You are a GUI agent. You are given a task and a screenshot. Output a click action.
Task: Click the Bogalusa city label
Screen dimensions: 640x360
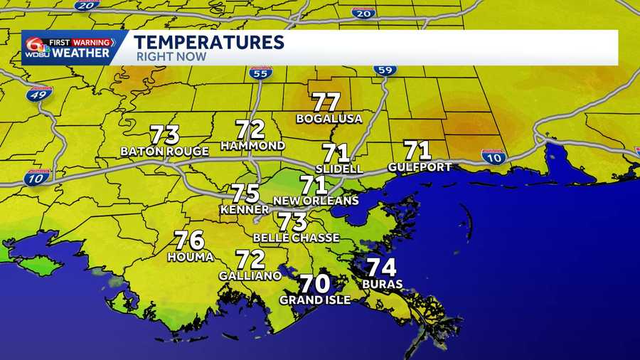[329, 119]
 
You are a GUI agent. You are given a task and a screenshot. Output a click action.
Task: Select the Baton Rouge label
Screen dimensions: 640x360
[164, 152]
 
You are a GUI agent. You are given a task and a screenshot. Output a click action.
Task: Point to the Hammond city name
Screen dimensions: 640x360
[252, 146]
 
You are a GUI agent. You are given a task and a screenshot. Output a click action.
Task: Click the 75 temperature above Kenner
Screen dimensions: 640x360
[245, 194]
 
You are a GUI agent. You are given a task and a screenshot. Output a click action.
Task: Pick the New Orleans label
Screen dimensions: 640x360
[316, 201]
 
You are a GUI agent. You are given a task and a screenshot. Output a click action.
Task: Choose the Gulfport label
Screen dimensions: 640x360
[420, 167]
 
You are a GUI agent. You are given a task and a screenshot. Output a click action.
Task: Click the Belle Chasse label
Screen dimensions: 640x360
[296, 238]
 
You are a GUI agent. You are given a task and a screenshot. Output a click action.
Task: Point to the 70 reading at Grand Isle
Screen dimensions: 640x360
[314, 284]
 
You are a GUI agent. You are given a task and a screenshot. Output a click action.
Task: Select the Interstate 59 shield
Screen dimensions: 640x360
[385, 70]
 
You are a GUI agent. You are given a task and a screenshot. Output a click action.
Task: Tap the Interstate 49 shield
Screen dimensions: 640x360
[39, 93]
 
